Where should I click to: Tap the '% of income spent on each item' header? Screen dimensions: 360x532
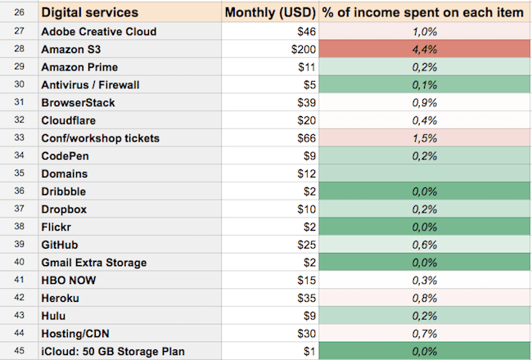(x=422, y=12)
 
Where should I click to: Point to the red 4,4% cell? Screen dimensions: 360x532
(x=424, y=49)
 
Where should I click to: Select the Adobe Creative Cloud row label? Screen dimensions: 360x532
(x=98, y=31)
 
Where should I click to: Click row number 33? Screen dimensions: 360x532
(x=19, y=137)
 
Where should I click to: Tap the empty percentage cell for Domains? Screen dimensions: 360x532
(x=424, y=173)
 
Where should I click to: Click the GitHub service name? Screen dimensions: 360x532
(x=61, y=245)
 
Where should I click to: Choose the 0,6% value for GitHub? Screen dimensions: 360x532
(x=424, y=245)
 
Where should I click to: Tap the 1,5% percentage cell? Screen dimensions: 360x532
(x=424, y=137)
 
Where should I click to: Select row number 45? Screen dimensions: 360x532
(x=19, y=352)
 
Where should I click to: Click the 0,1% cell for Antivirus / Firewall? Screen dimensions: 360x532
(x=424, y=84)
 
